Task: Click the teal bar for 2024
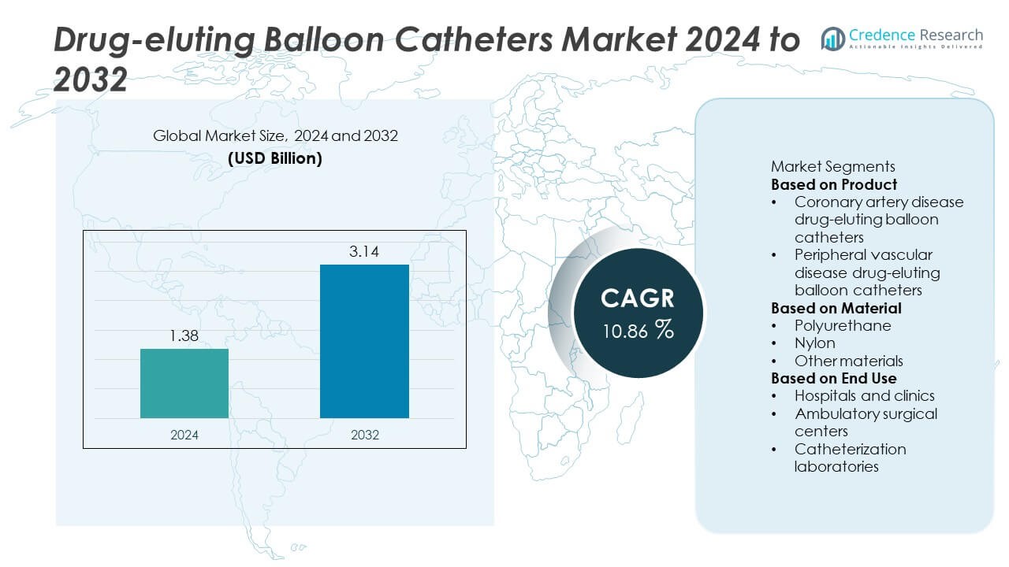pyautogui.click(x=184, y=384)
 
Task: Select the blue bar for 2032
pyautogui.click(x=364, y=341)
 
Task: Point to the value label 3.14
pyautogui.click(x=364, y=253)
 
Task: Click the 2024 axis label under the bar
pyautogui.click(x=184, y=435)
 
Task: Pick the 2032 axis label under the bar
pyautogui.click(x=364, y=435)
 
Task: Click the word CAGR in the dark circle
pyautogui.click(x=638, y=298)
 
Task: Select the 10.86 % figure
pyautogui.click(x=638, y=331)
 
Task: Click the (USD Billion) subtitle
pyautogui.click(x=275, y=157)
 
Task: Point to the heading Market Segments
pyautogui.click(x=832, y=167)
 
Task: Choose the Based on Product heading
pyautogui.click(x=834, y=185)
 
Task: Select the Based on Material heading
pyautogui.click(x=836, y=308)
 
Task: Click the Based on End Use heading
pyautogui.click(x=833, y=379)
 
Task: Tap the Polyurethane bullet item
pyautogui.click(x=843, y=325)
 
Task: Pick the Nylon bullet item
pyautogui.click(x=815, y=343)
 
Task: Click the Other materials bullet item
pyautogui.click(x=848, y=361)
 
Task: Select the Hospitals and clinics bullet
pyautogui.click(x=864, y=396)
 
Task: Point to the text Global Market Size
pyautogui.click(x=220, y=136)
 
